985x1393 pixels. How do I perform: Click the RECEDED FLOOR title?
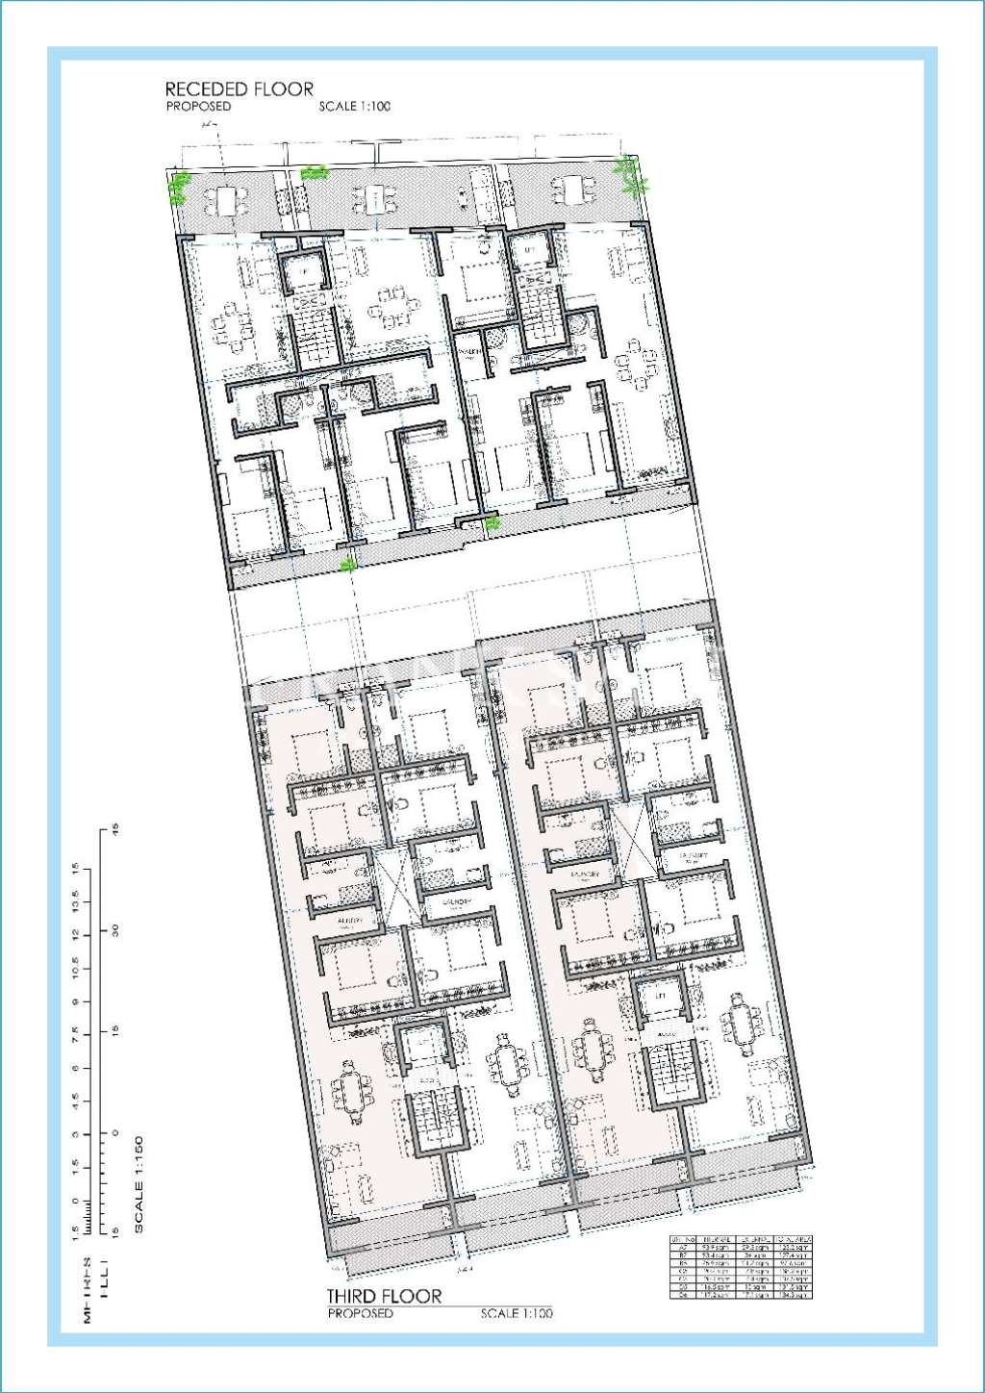point(239,89)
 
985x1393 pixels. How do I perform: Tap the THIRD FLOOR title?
point(384,1296)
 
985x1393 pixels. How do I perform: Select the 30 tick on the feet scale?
point(114,931)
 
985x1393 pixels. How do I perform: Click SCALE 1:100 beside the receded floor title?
point(355,107)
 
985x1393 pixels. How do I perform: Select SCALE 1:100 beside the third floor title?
point(517,1313)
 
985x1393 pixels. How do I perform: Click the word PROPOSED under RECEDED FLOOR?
point(198,107)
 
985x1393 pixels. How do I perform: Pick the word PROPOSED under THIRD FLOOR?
point(360,1313)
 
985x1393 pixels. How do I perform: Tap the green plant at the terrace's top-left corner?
point(179,187)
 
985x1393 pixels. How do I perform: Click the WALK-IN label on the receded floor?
point(469,352)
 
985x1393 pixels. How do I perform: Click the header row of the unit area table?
point(741,1239)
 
